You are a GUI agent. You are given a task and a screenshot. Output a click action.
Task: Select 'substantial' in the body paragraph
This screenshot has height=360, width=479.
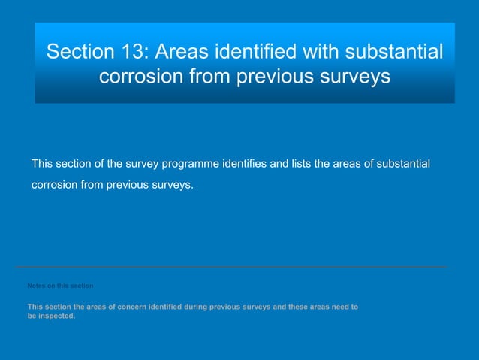pos(402,164)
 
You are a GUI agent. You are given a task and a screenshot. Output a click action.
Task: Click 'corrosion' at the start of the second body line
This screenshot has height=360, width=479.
pos(54,184)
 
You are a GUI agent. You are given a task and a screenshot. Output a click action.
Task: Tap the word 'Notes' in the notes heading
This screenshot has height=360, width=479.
pos(36,286)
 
